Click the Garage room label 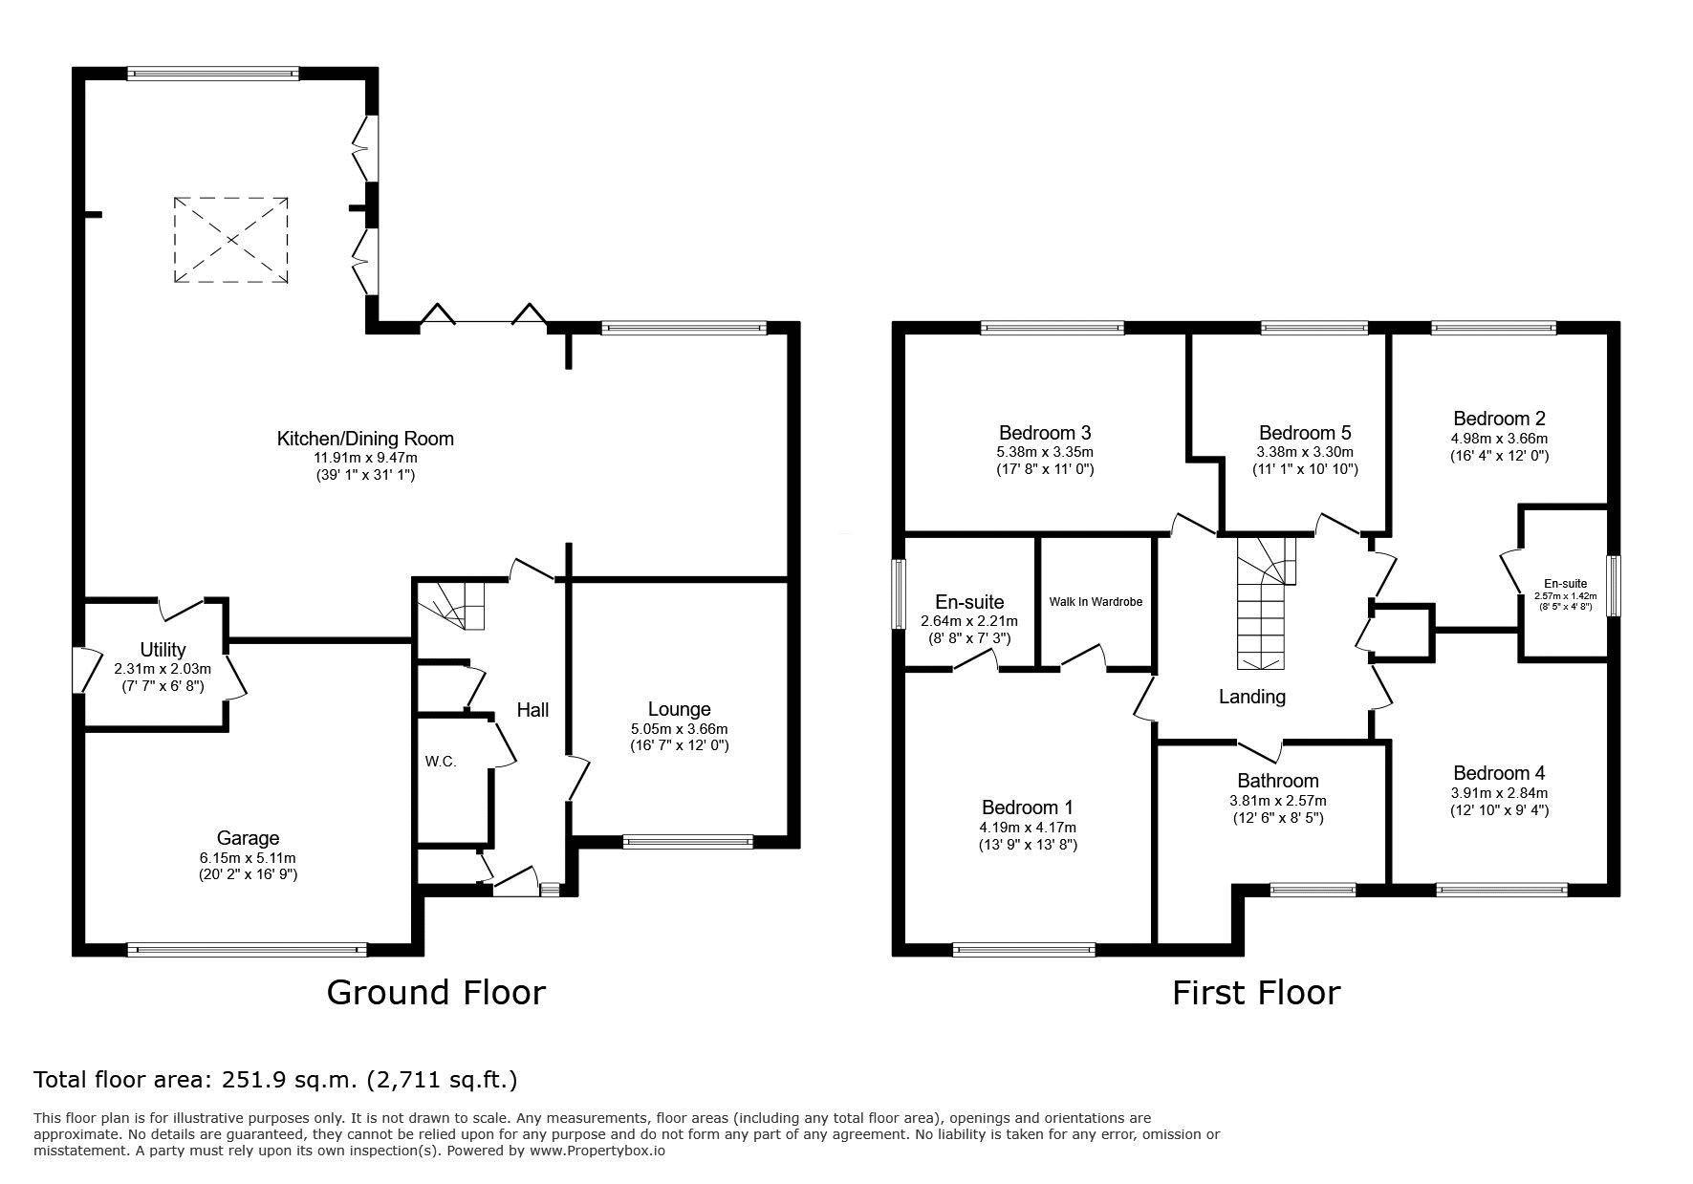pos(248,838)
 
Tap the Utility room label pos(163,650)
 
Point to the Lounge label pos(679,709)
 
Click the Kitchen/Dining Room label pos(365,439)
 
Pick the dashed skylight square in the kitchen pos(231,240)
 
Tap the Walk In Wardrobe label pos(1096,602)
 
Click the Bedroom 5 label pos(1305,433)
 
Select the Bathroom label pos(1278,781)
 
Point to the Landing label pos(1252,697)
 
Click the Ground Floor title pos(436,992)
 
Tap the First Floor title pos(1256,993)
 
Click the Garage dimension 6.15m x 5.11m pos(248,858)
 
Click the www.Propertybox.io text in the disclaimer pos(597,1151)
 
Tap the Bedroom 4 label pos(1499,773)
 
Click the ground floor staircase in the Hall pos(450,606)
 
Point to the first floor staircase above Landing pos(1266,604)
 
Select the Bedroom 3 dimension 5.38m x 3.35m pos(1046,452)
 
